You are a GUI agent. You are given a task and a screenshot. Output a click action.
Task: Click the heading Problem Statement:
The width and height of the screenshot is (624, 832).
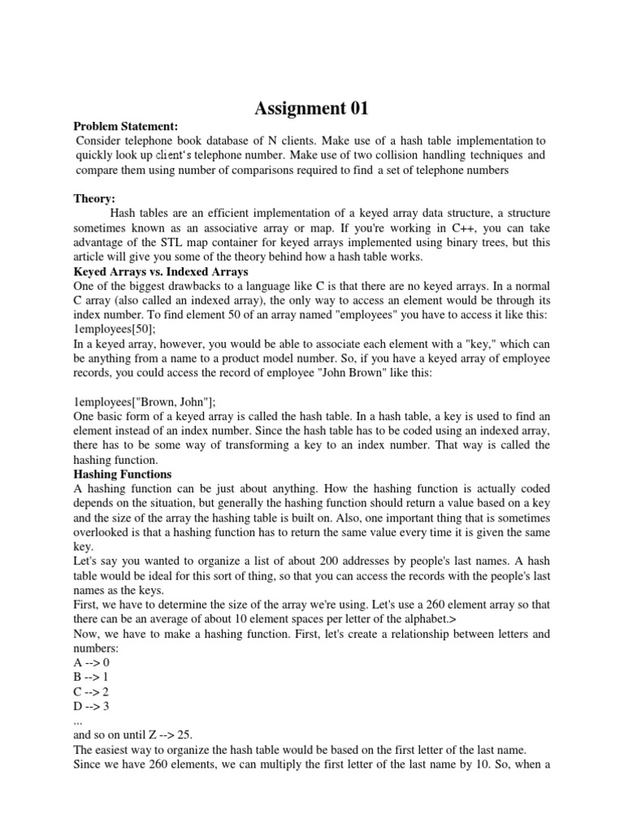125,126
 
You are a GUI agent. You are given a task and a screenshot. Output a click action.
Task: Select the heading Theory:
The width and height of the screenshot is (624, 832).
95,199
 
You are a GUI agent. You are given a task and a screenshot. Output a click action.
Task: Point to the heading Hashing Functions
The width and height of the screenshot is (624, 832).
122,474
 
